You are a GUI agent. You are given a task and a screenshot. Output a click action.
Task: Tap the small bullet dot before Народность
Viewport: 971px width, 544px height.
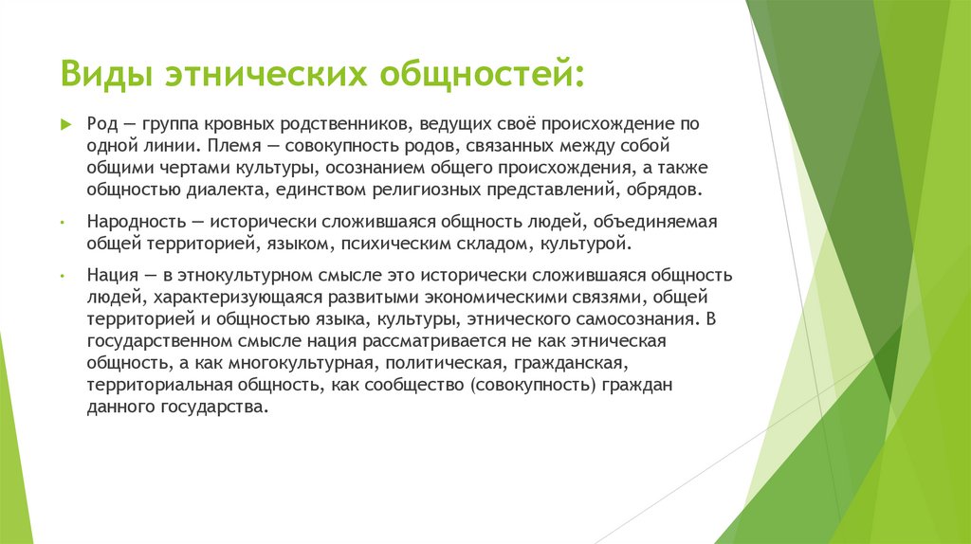click(x=62, y=223)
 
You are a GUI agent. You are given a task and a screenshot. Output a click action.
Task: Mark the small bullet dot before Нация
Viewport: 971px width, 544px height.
click(x=62, y=276)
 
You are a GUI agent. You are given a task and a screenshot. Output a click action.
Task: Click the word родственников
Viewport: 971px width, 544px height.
click(x=341, y=125)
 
